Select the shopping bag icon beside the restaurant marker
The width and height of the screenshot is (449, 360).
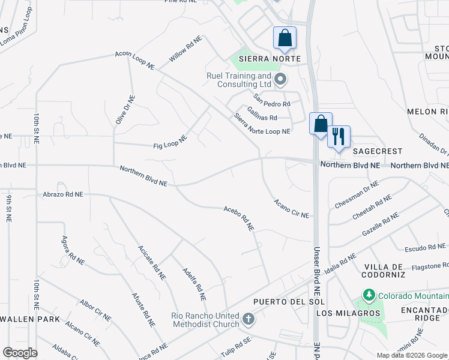point(321,124)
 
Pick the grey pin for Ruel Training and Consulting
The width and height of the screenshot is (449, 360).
point(280,79)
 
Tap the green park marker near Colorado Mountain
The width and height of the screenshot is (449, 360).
point(368,295)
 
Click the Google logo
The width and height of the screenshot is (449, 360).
point(20,352)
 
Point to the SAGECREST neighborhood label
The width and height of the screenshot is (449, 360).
point(377,151)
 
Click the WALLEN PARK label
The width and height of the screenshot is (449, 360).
point(30,319)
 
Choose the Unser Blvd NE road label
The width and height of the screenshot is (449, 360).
point(316,262)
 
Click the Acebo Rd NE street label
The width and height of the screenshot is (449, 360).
point(240,218)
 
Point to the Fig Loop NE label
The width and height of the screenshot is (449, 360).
point(170,142)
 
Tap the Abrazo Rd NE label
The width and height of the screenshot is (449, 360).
point(63,194)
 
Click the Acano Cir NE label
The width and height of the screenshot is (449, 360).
point(291,209)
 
